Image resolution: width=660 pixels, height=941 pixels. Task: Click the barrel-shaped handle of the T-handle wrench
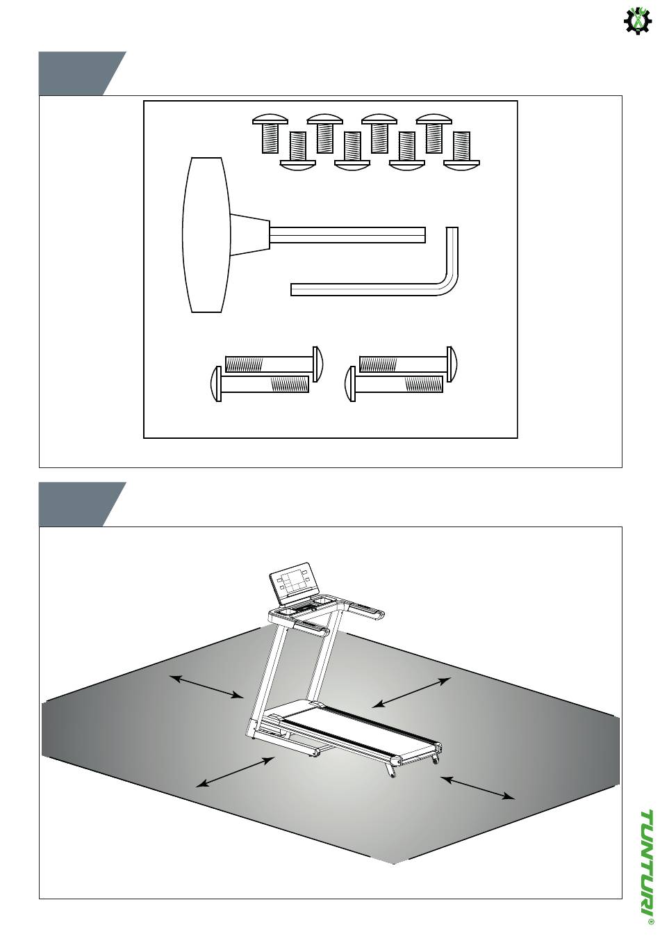pos(206,235)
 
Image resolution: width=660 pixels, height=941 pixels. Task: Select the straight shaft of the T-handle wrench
pos(348,235)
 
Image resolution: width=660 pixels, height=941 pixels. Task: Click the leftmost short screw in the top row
pos(270,134)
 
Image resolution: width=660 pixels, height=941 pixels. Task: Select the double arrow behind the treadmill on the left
pos(206,687)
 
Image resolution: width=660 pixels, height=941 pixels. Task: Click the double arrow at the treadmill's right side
pos(411,693)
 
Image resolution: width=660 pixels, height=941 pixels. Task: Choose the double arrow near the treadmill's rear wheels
pos(477,789)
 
